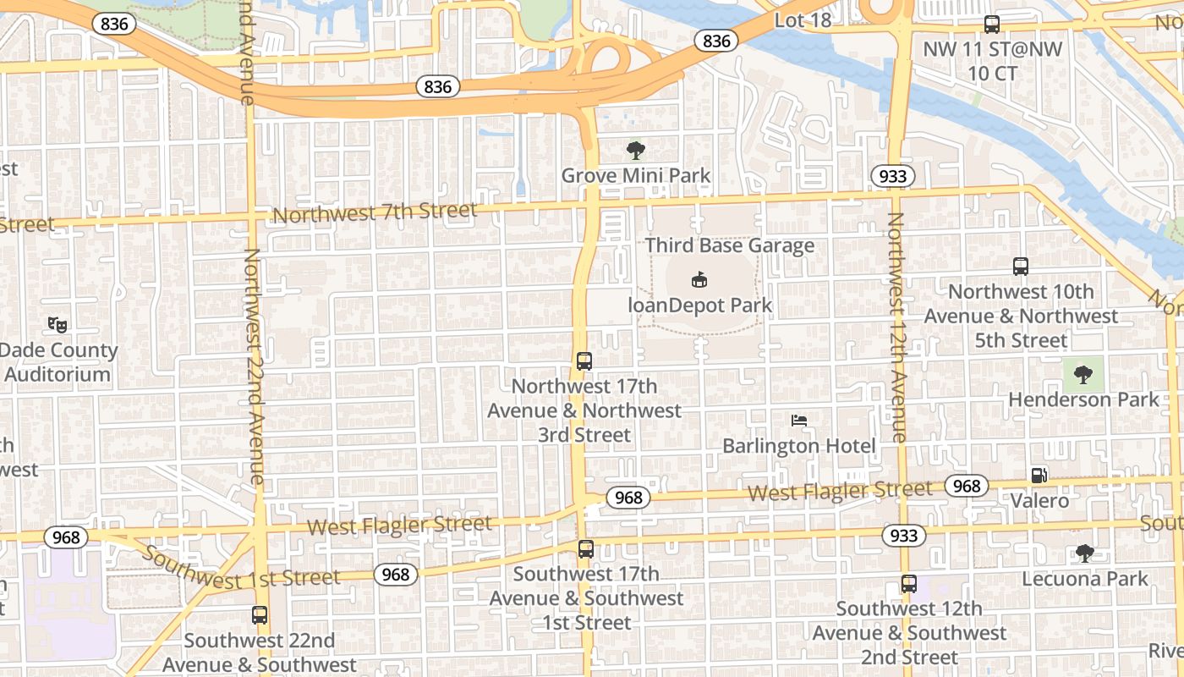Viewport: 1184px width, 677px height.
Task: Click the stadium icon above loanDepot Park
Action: click(x=699, y=278)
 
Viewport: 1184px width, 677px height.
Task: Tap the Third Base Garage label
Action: click(x=729, y=245)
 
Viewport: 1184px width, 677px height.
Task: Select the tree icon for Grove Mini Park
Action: click(x=636, y=151)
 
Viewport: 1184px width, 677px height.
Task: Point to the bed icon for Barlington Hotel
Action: click(x=799, y=420)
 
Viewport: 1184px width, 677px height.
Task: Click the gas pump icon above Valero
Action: click(x=1040, y=475)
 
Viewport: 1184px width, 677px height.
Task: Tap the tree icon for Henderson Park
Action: click(x=1083, y=374)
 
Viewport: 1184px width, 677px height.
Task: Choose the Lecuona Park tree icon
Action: click(x=1085, y=553)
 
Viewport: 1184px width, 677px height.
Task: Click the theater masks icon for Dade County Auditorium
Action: click(x=57, y=324)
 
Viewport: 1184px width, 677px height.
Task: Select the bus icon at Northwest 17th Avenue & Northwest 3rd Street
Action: click(x=584, y=361)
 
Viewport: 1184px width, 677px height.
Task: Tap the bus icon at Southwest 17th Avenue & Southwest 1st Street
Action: click(x=585, y=548)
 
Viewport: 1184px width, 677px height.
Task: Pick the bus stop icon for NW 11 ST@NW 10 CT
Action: click(x=992, y=25)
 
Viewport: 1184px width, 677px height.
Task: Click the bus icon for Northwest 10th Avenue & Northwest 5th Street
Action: click(x=1021, y=267)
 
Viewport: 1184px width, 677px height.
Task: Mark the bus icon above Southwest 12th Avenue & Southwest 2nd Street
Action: click(x=909, y=583)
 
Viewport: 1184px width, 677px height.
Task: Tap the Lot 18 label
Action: click(x=803, y=20)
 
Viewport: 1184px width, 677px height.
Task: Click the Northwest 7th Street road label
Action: click(x=375, y=212)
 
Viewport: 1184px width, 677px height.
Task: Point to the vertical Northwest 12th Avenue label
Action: click(x=896, y=327)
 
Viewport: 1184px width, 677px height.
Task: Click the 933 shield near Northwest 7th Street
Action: click(x=892, y=176)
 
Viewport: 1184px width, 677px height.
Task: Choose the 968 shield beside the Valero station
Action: click(x=966, y=485)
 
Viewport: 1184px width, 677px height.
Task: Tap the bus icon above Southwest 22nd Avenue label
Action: click(x=260, y=615)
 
